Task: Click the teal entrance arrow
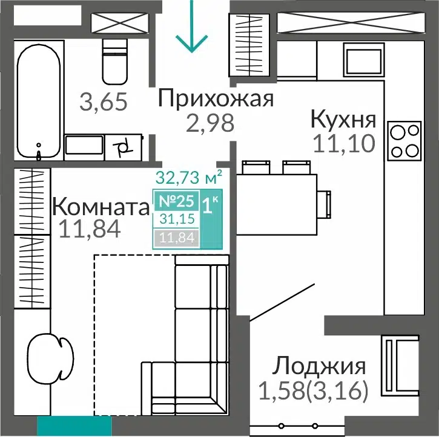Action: (192, 27)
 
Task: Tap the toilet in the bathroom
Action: (115, 62)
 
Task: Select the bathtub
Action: (39, 101)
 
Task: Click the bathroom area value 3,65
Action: (104, 102)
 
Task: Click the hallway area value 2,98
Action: (210, 123)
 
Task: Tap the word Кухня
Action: (343, 119)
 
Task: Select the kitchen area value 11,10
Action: (344, 143)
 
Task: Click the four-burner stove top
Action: (404, 141)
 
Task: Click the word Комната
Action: (101, 207)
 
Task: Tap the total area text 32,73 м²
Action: (189, 177)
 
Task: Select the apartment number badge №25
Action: (176, 201)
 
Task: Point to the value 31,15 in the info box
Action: (177, 219)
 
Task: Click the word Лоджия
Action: (319, 366)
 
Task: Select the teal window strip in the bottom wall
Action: (74, 426)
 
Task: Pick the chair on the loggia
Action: (400, 365)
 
